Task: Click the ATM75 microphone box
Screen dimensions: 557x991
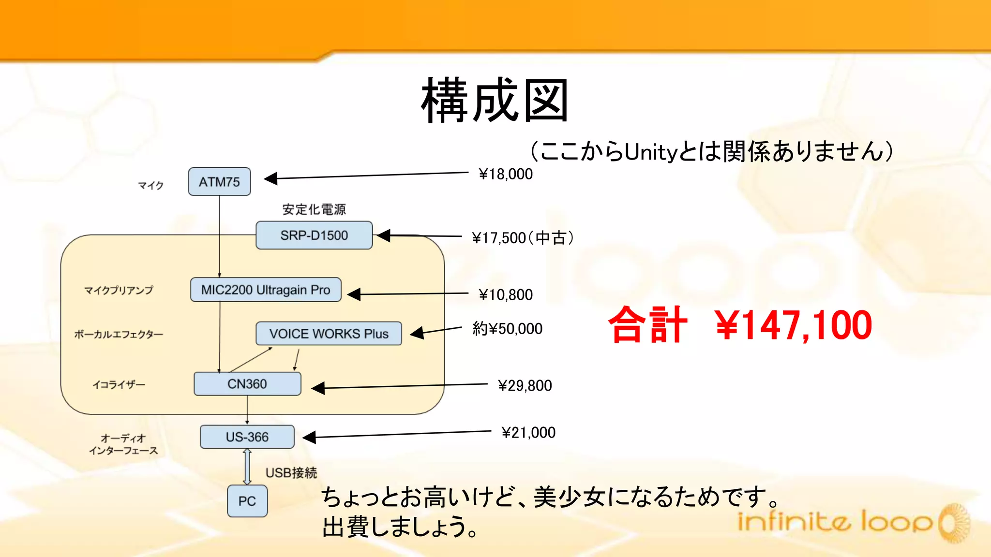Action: point(219,182)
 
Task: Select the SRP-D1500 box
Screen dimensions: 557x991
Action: point(314,235)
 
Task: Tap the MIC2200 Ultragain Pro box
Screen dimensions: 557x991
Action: point(266,290)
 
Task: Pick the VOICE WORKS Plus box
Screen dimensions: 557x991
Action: point(329,334)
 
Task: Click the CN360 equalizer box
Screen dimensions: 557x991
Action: point(247,384)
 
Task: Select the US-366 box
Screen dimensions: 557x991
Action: point(247,437)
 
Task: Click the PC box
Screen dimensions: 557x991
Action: point(247,501)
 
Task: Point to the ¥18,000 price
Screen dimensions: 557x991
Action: point(506,174)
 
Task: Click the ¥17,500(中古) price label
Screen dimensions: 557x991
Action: point(523,238)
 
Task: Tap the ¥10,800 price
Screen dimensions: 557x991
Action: point(506,294)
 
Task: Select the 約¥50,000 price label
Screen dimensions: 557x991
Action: point(507,329)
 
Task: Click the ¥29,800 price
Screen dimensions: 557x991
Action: point(525,385)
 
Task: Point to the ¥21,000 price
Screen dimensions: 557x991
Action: point(528,432)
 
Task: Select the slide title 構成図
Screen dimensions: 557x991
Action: point(495,101)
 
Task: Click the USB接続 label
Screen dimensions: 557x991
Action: point(291,472)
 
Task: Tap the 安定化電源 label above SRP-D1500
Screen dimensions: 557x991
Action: point(314,209)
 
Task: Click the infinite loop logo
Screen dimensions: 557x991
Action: point(852,522)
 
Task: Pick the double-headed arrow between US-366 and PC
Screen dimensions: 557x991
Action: point(247,467)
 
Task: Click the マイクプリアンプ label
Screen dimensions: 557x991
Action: point(119,290)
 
